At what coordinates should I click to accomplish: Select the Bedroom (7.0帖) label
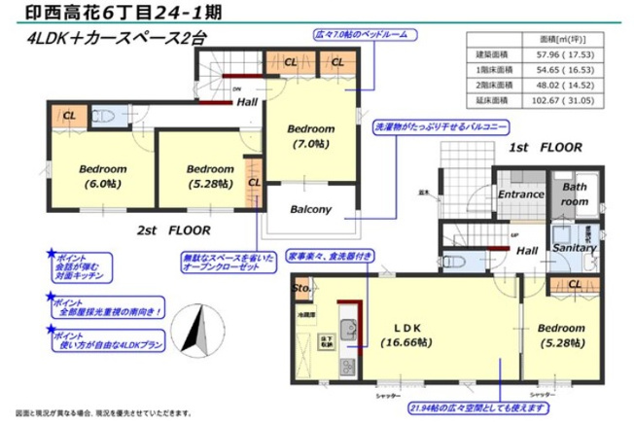tap(310, 136)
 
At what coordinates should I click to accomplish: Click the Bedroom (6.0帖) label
tap(102, 175)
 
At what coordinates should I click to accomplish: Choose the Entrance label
tap(520, 194)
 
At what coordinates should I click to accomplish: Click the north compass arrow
tap(200, 332)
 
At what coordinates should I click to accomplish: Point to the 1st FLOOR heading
tap(546, 148)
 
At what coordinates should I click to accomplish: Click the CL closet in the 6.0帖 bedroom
tap(69, 116)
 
